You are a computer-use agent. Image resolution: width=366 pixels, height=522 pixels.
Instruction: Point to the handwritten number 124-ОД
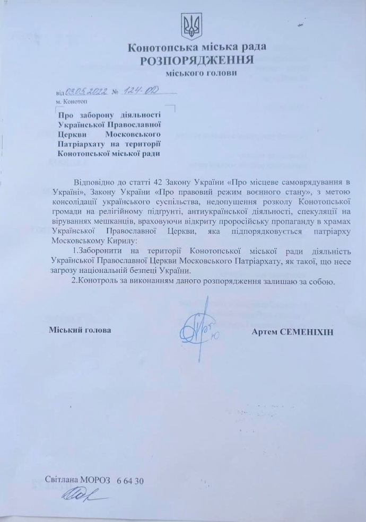coord(136,91)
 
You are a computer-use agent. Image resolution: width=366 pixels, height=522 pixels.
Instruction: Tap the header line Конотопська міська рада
coord(197,47)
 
